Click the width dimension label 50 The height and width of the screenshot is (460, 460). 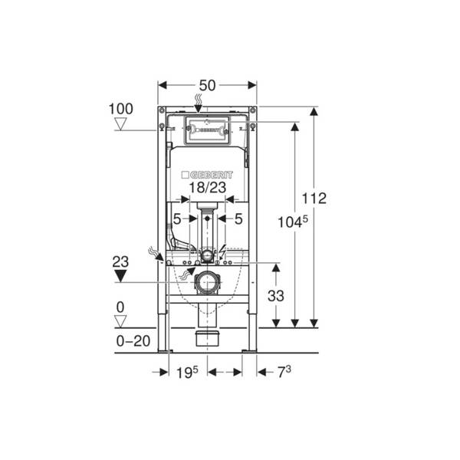207,86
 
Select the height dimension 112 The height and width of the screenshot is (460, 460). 314,199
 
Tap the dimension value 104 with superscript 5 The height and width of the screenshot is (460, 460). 293,222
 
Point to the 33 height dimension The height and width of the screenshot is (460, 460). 276,296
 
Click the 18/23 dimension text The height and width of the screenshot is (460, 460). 208,188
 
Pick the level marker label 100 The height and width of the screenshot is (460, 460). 121,109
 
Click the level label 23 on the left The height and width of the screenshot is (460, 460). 120,261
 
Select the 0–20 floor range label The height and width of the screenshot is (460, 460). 133,341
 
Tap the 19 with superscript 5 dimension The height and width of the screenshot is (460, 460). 187,373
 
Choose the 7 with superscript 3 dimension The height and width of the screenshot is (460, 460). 284,372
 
